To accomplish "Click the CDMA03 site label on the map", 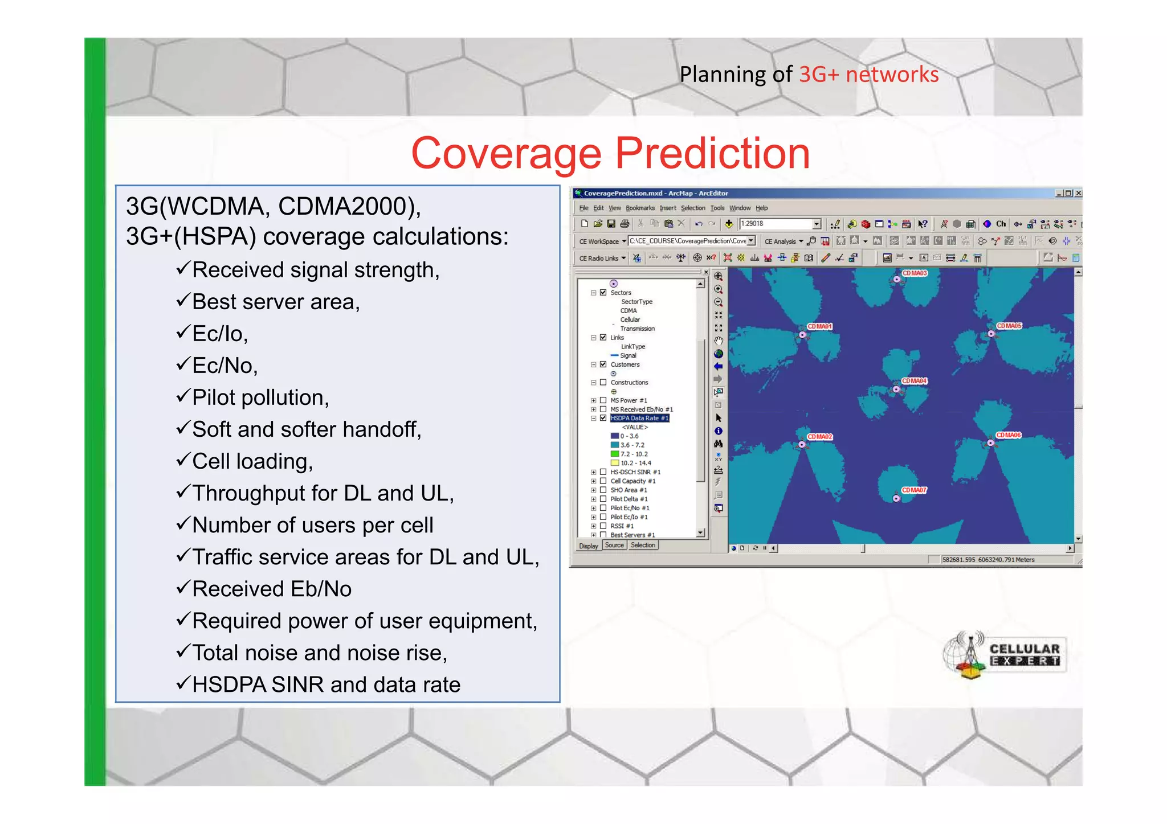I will (915, 273).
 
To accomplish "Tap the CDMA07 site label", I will (914, 490).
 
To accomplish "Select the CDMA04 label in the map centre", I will (914, 381).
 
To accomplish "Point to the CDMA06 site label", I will (1009, 435).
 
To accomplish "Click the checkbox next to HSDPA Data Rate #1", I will (603, 418).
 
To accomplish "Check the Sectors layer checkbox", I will (603, 293).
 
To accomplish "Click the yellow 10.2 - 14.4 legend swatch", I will (614, 463).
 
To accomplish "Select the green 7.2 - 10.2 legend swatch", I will (614, 454).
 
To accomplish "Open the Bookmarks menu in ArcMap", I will (640, 208).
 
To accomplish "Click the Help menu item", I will (761, 208).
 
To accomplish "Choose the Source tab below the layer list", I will (614, 546).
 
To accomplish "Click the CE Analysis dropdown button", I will (784, 241).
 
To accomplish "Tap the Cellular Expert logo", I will (1004, 655).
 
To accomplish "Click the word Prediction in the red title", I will (712, 154).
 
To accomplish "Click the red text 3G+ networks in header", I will (868, 75).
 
